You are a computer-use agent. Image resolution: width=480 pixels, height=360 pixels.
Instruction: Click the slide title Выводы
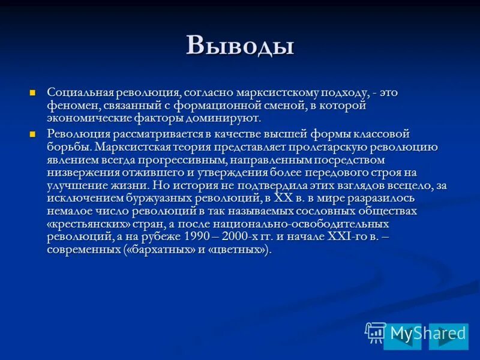click(x=239, y=46)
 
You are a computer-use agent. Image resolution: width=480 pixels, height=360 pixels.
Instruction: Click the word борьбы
click(x=68, y=147)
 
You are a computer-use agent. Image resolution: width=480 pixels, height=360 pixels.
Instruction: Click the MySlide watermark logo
click(x=416, y=332)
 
